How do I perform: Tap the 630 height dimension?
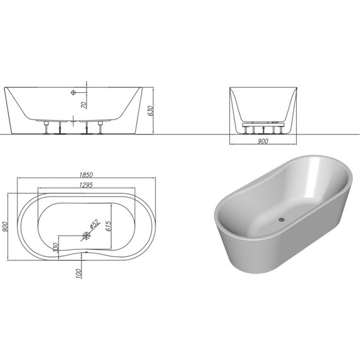pyautogui.click(x=150, y=110)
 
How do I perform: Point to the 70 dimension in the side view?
pyautogui.click(x=83, y=99)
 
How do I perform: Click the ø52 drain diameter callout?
pyautogui.click(x=92, y=224)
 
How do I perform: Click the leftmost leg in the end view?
pyautogui.click(x=244, y=130)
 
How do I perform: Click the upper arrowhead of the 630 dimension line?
pyautogui.click(x=153, y=87)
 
